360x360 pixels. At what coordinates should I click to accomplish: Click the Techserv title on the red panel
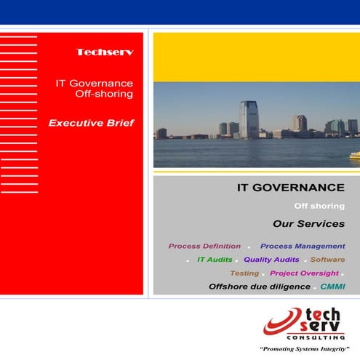[105, 52]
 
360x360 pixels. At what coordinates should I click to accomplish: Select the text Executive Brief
[91, 123]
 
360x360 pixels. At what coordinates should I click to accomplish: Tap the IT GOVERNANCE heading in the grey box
[290, 188]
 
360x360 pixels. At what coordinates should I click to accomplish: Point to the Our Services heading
[308, 223]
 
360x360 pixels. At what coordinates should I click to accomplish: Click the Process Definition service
[204, 246]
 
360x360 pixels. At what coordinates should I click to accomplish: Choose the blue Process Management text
[303, 246]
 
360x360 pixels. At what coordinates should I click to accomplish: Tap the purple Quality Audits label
[271, 260]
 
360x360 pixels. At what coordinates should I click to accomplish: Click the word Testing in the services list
[244, 273]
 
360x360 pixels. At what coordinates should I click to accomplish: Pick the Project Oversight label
[303, 273]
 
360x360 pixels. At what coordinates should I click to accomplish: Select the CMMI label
[332, 287]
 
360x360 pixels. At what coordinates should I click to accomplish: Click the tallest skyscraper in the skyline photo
[249, 119]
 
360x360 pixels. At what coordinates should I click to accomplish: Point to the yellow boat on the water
[354, 155]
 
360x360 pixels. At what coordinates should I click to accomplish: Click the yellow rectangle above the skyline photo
[256, 57]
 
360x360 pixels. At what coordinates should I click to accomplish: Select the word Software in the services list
[327, 260]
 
